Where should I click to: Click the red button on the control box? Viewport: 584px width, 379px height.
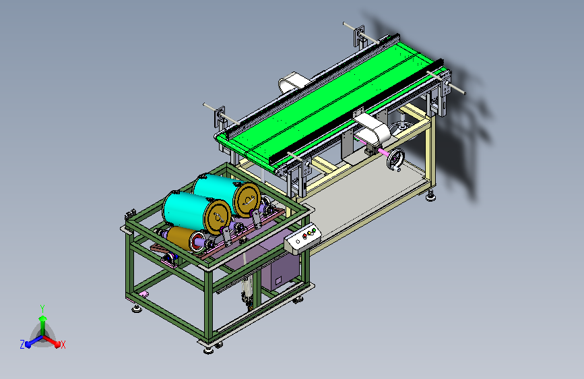304,236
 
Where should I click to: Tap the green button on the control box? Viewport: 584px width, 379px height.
314,231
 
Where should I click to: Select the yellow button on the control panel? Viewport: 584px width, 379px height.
309,233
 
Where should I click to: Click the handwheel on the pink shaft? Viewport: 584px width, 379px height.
395,160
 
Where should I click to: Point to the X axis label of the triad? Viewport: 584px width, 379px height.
63,345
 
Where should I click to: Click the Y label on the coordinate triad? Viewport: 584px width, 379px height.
42,308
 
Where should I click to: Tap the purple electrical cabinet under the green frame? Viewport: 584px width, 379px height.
280,272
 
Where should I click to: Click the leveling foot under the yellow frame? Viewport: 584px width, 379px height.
431,196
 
